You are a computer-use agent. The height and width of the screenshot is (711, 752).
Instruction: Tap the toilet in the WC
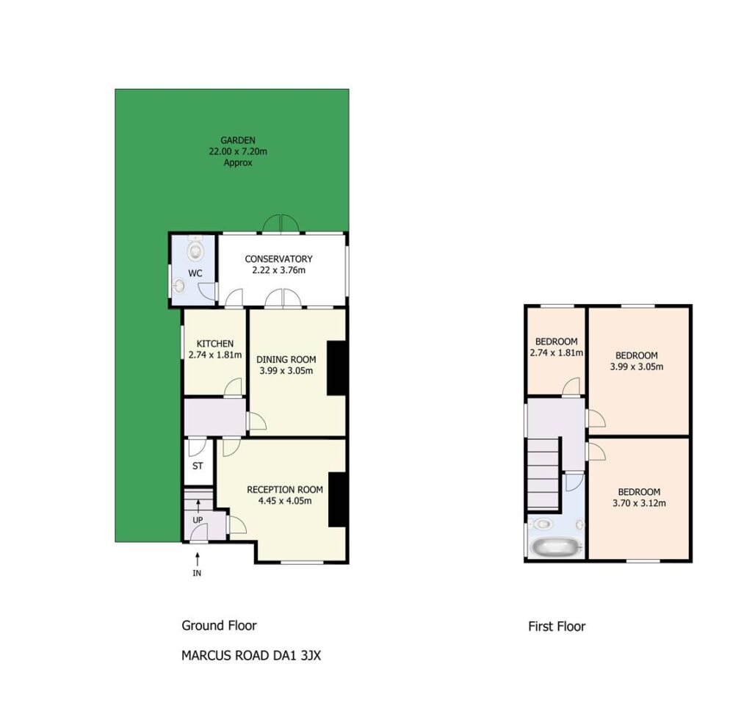[195, 248]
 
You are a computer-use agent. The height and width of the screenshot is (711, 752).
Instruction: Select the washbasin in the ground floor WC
[180, 286]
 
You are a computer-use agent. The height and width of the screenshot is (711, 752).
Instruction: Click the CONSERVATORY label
[278, 259]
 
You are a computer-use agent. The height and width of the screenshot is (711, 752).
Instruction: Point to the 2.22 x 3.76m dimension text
[278, 270]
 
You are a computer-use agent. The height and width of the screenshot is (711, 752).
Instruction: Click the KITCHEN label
[215, 344]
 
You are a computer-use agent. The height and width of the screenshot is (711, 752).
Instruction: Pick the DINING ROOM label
[286, 359]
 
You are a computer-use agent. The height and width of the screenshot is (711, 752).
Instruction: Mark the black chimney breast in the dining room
[336, 368]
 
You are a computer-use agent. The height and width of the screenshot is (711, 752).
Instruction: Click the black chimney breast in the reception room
[338, 499]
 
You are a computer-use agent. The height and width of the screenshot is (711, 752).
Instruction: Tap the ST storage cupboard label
[198, 466]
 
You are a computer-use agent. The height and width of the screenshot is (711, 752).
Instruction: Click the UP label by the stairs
[198, 520]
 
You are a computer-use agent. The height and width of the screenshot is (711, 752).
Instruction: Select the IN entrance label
[197, 573]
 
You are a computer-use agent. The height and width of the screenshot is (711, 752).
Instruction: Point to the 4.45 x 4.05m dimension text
[285, 501]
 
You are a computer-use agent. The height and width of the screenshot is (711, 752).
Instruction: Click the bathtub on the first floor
[557, 546]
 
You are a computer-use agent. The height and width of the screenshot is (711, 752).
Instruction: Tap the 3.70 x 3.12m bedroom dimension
[640, 503]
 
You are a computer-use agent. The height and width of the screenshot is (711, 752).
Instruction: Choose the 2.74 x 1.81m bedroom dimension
[557, 353]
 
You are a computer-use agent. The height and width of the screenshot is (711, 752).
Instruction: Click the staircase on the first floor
[544, 473]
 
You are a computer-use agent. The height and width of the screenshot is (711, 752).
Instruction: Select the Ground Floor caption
[219, 626]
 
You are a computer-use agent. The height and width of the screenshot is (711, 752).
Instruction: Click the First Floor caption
[557, 627]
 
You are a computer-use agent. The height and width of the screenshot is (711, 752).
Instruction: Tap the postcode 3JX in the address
[311, 655]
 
